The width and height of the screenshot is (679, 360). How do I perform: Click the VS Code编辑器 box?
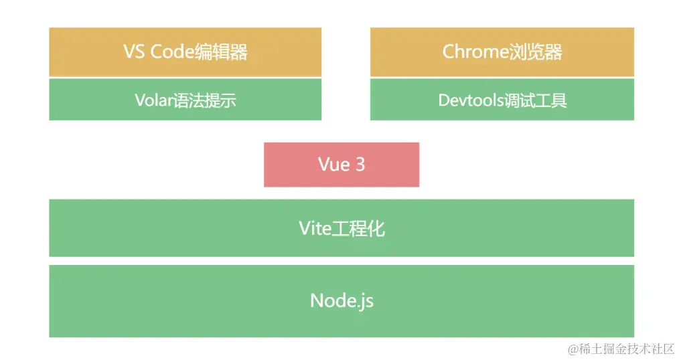(185, 52)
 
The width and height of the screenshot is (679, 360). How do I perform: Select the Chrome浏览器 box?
(502, 52)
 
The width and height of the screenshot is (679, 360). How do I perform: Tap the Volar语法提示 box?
(185, 100)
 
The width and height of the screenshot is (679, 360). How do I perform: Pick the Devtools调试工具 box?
(502, 100)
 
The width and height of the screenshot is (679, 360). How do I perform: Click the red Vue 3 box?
(341, 165)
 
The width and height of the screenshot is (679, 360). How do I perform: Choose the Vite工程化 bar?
(341, 228)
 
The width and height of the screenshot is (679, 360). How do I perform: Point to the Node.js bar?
(341, 300)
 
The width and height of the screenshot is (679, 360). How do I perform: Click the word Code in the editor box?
(172, 52)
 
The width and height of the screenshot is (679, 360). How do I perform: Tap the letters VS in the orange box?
(135, 52)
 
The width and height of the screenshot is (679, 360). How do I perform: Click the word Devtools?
(468, 100)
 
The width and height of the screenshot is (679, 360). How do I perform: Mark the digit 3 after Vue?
(360, 165)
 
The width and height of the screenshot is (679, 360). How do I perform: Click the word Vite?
(315, 229)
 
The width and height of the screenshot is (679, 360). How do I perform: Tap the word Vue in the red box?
(333, 165)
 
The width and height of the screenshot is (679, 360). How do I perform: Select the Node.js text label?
(342, 300)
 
